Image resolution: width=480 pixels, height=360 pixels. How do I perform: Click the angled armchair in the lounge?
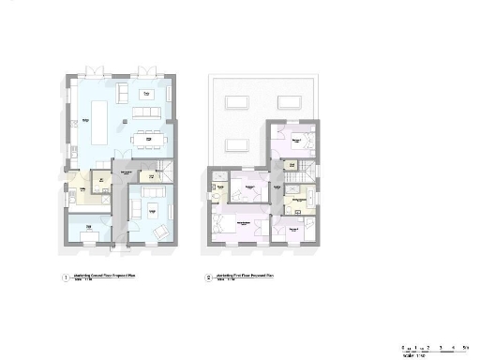pyautogui.click(x=160, y=231)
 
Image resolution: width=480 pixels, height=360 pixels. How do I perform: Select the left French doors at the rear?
pyautogui.click(x=94, y=71)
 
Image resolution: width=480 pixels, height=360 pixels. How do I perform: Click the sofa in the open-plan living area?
pyautogui.click(x=146, y=112)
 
